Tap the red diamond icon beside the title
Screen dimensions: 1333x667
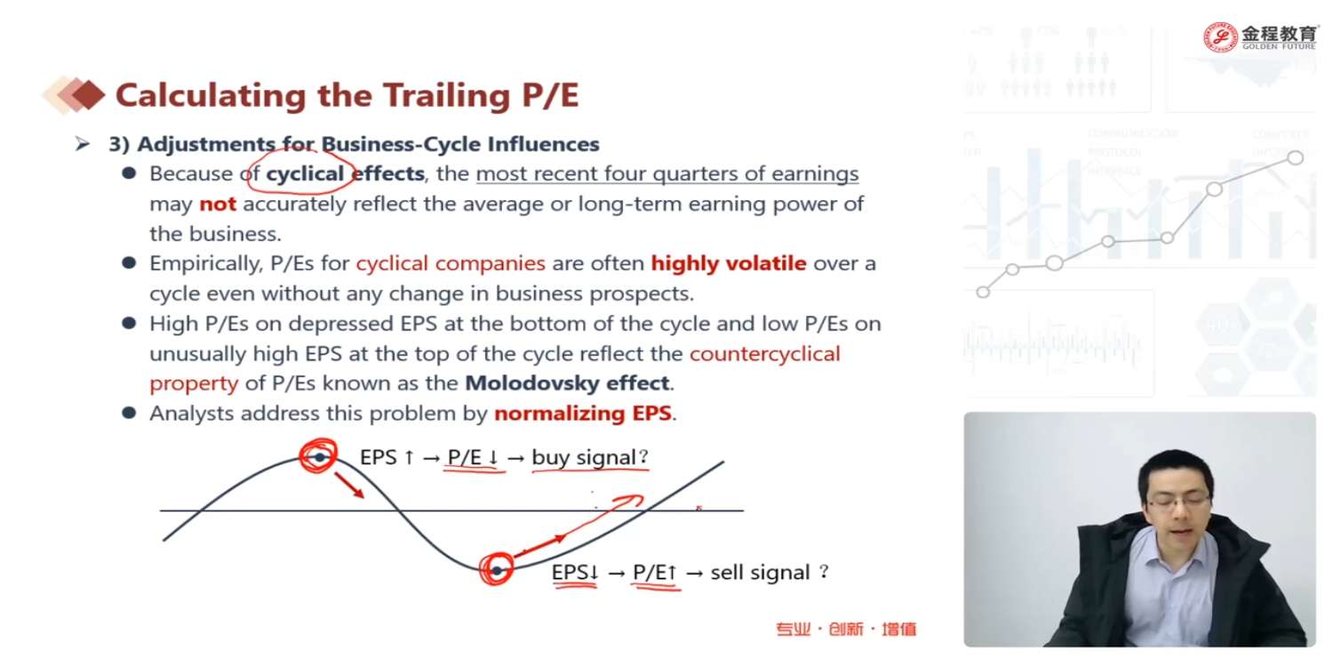(88, 94)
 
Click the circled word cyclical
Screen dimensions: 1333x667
(305, 174)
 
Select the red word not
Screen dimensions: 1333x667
(217, 205)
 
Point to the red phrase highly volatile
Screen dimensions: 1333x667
(729, 263)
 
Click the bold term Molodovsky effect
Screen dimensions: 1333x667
(567, 383)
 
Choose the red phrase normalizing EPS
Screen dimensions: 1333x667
(583, 414)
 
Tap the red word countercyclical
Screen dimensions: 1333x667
(764, 354)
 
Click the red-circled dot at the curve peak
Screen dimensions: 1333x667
(320, 457)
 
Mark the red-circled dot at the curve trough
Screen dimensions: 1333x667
(497, 571)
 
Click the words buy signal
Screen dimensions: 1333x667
(583, 457)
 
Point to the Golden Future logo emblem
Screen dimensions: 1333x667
(1220, 37)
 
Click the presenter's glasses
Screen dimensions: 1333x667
(1179, 499)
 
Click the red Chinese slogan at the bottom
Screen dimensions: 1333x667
(846, 629)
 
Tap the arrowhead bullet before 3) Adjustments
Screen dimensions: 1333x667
(83, 143)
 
